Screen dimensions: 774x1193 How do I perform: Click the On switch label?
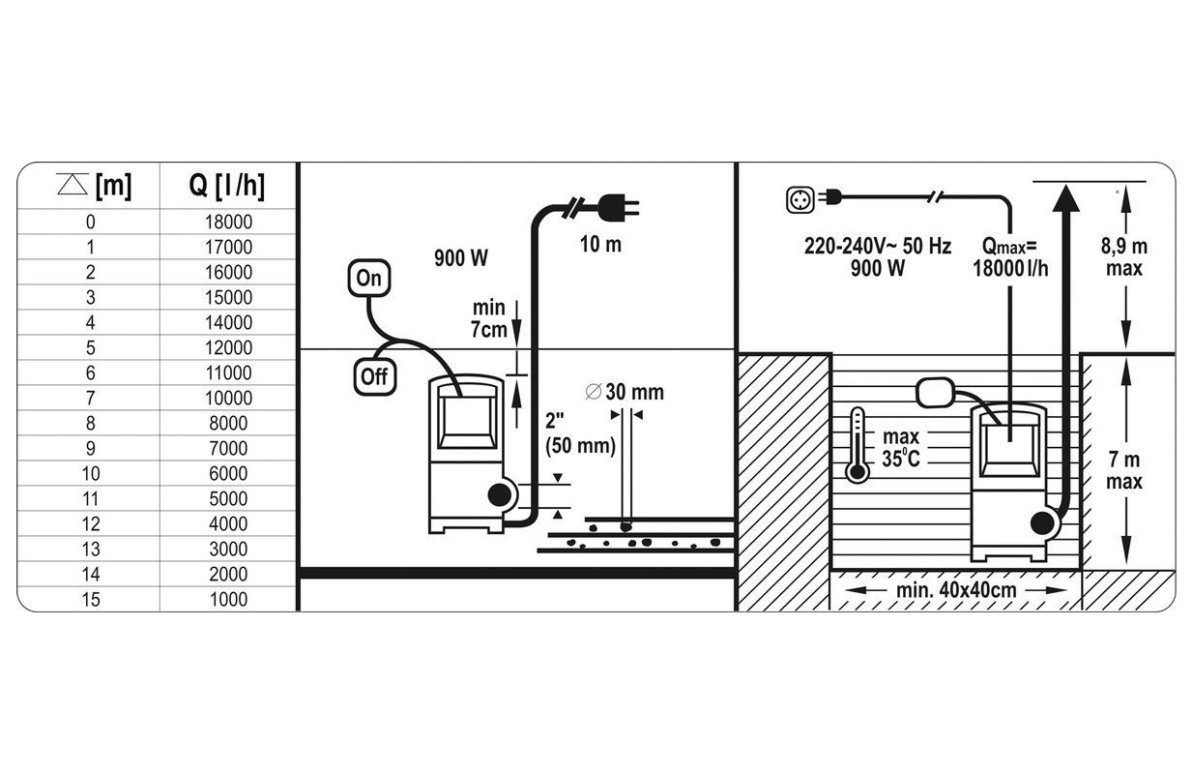click(368, 279)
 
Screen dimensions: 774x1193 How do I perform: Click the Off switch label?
click(373, 376)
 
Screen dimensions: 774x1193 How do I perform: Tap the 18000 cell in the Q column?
click(228, 222)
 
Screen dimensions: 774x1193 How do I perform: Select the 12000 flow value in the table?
click(228, 347)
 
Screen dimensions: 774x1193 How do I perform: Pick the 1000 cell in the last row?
click(228, 599)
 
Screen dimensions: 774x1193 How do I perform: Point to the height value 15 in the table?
click(90, 599)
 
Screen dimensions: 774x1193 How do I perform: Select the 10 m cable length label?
click(600, 244)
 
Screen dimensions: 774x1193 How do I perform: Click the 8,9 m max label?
click(1124, 257)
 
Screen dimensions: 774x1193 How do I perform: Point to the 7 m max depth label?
click(1124, 471)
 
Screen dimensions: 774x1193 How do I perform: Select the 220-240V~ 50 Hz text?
click(877, 247)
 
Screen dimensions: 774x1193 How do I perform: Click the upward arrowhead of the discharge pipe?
click(1065, 200)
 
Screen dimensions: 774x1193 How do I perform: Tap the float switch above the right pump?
click(936, 392)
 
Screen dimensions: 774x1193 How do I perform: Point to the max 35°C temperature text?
click(900, 449)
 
